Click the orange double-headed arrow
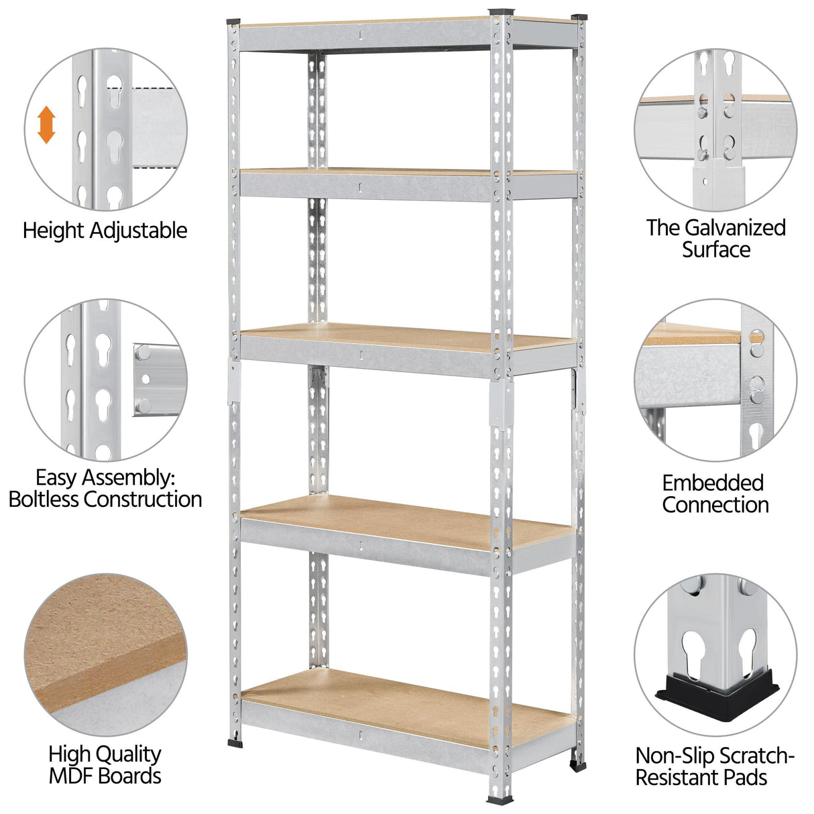[x=46, y=125]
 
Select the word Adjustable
[x=138, y=231]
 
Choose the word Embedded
[x=713, y=483]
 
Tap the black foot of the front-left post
[x=235, y=742]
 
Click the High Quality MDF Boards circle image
[x=106, y=654]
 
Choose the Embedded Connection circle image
[x=715, y=380]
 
